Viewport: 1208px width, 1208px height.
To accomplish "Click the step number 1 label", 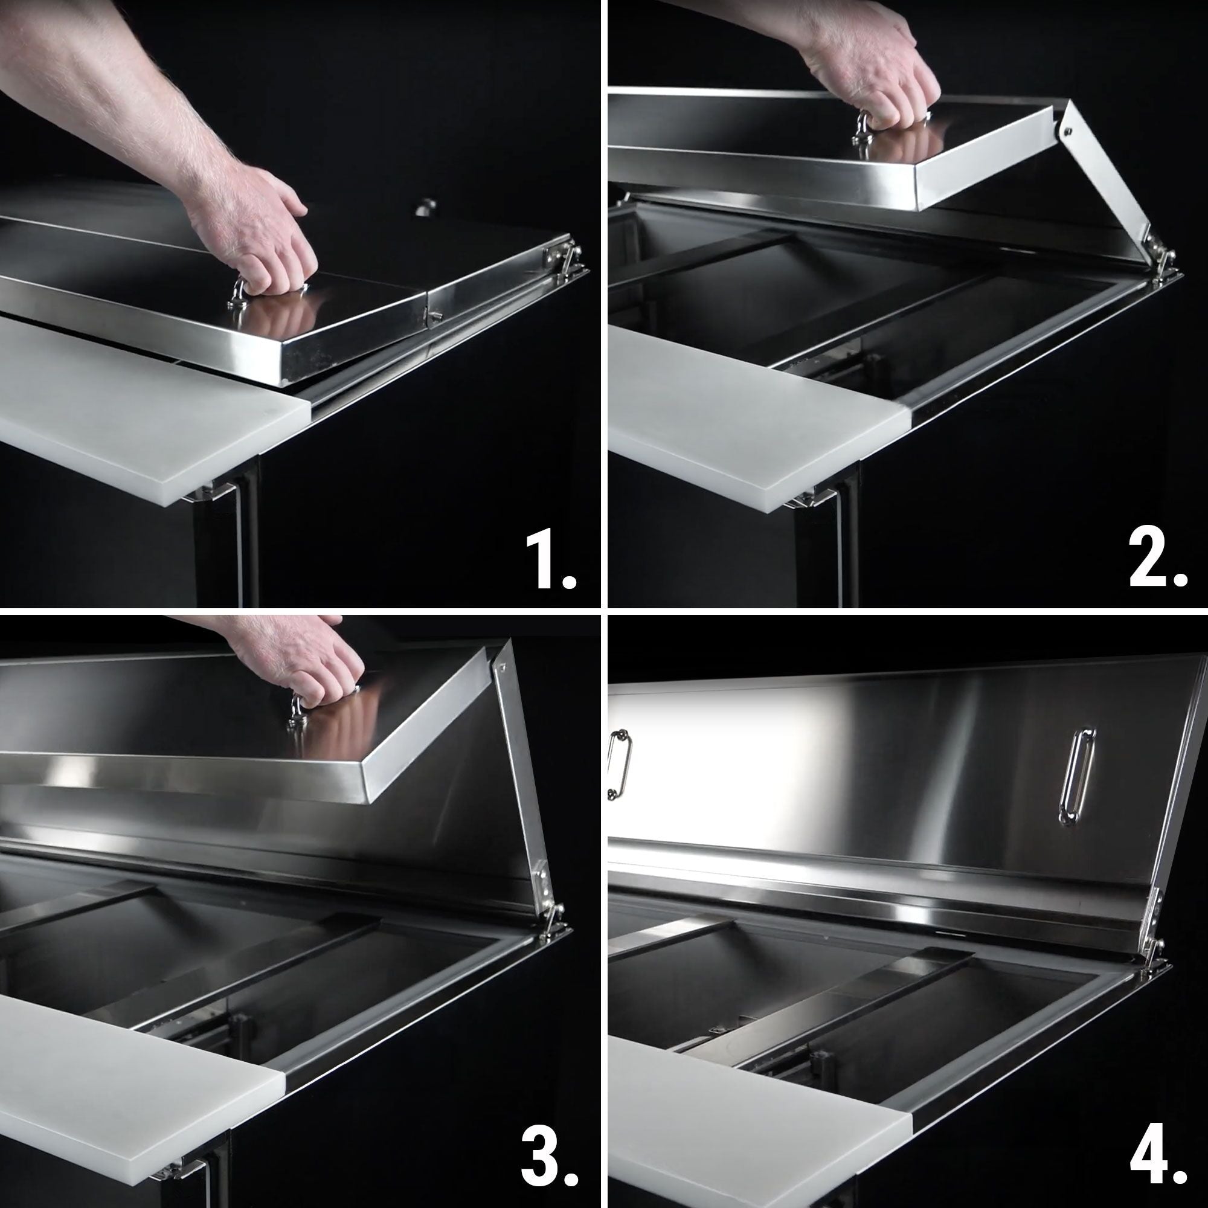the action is (550, 561).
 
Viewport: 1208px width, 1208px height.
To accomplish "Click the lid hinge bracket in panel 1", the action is (563, 253).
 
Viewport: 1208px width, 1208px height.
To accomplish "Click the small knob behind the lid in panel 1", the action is (426, 207).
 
